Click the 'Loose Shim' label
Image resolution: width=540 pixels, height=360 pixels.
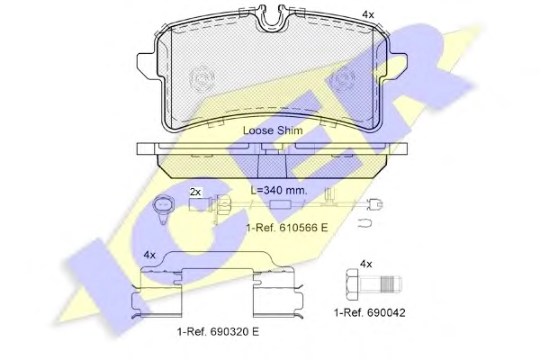coord(273,130)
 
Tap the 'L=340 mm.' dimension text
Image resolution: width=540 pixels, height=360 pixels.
coord(279,191)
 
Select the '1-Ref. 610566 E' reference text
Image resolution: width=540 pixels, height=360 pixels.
coord(287,228)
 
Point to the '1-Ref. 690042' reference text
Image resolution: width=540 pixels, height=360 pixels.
coord(370,313)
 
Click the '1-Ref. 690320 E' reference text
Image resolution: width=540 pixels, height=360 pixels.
coord(218,332)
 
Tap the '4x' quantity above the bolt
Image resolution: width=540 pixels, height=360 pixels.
coord(366,265)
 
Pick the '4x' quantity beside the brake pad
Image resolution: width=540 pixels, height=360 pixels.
coord(368,14)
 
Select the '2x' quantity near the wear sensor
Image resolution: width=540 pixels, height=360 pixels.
coord(195,192)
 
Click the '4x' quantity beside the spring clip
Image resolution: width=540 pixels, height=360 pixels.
coord(149,256)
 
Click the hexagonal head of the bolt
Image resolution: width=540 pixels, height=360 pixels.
coord(352,285)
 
